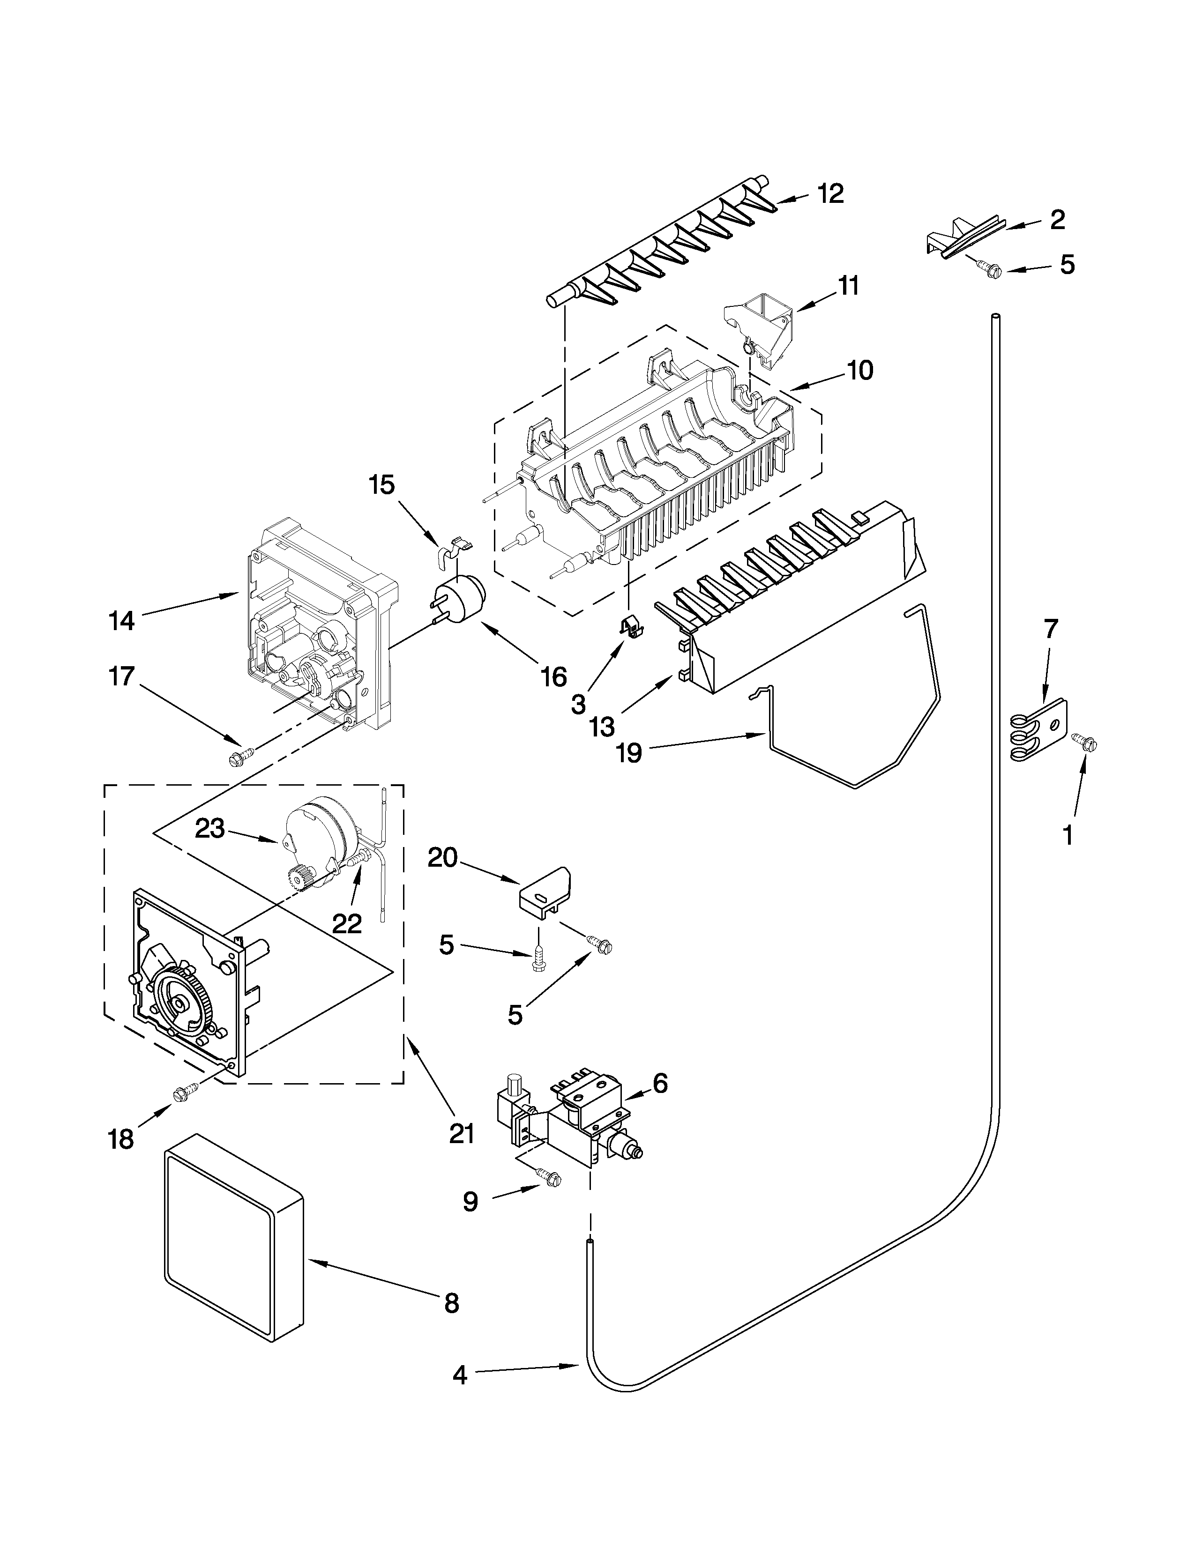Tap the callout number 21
pos(462,1133)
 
